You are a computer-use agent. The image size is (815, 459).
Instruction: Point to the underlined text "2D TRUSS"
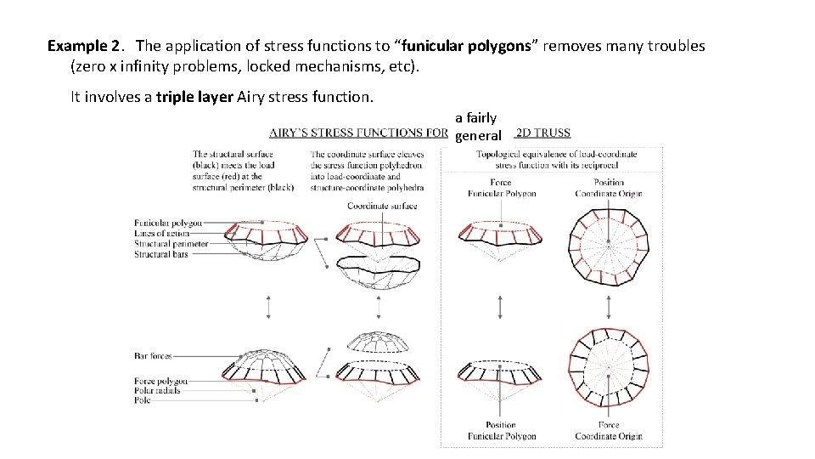[543, 133]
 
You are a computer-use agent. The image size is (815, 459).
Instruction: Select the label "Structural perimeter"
[171, 243]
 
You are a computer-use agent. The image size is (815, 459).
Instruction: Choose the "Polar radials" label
[157, 391]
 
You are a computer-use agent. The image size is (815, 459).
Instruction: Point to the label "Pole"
[142, 400]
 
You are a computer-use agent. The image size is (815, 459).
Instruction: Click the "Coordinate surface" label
[382, 206]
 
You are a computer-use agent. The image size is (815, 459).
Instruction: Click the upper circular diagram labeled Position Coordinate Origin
[609, 247]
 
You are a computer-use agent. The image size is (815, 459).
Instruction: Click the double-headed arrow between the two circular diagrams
[609, 307]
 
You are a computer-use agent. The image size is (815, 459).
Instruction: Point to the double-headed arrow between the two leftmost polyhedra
[268, 307]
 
